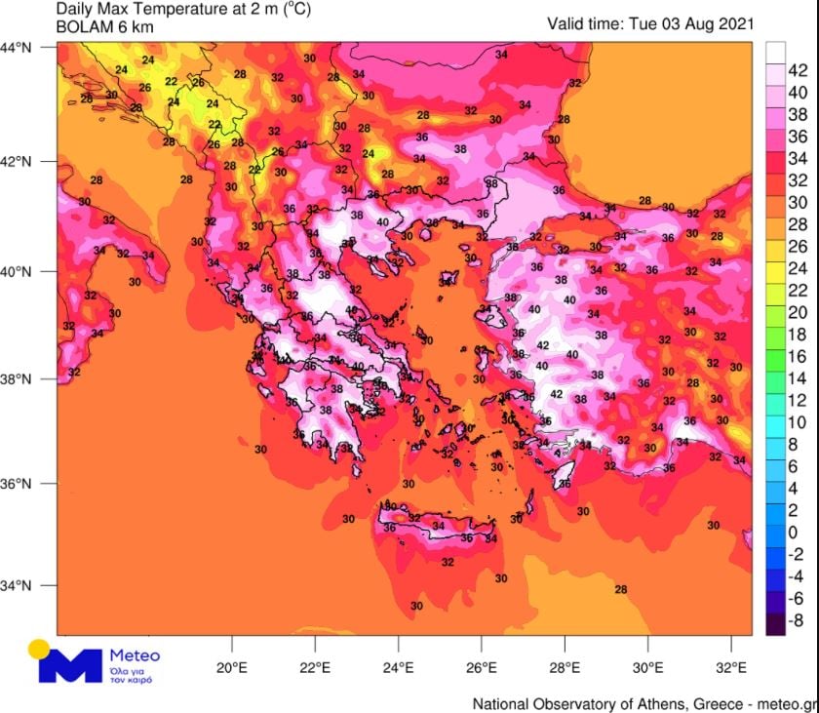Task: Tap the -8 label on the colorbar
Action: [x=795, y=620]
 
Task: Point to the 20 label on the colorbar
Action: [x=797, y=312]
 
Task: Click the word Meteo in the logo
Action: [x=135, y=655]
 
